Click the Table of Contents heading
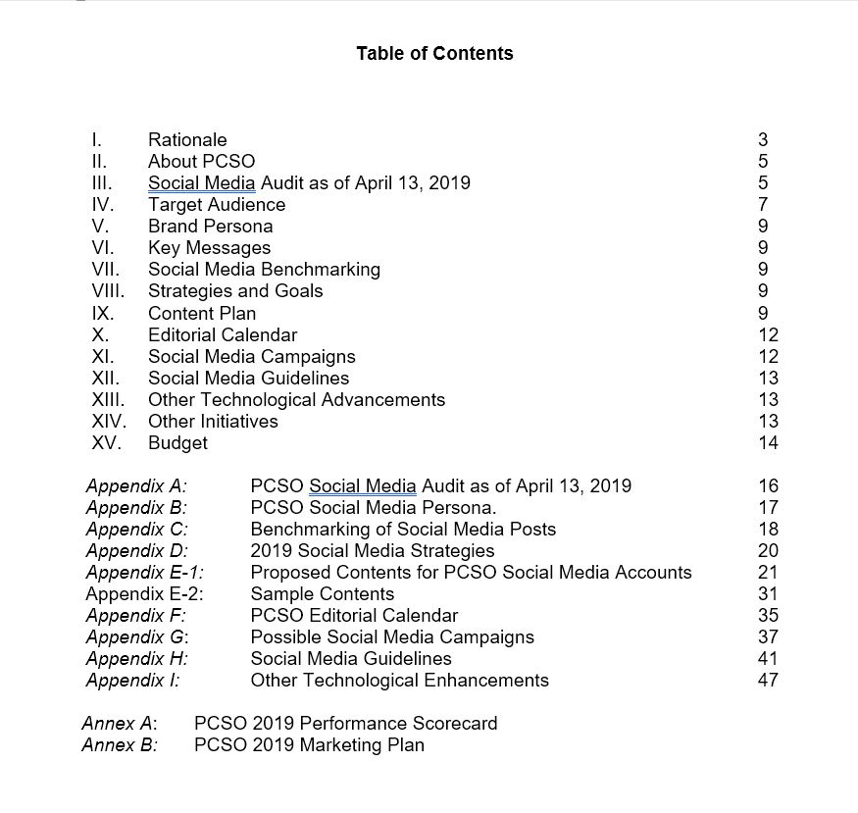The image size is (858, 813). [434, 53]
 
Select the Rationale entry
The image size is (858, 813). [187, 140]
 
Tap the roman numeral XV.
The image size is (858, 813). [106, 442]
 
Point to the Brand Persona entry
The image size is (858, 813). [210, 227]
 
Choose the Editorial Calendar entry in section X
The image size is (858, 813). [223, 334]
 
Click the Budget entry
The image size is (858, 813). [177, 442]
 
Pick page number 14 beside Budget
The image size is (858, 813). [768, 442]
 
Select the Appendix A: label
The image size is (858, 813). [136, 485]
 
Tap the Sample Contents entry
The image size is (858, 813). [323, 593]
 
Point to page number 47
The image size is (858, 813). [768, 680]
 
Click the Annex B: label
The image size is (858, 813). [120, 744]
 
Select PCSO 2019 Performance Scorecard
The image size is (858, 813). [346, 723]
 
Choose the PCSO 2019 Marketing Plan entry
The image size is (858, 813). [309, 744]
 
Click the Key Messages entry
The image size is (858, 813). [209, 248]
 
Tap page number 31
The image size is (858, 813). [768, 593]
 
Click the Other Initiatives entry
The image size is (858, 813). [213, 421]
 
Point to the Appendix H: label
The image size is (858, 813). [136, 658]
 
